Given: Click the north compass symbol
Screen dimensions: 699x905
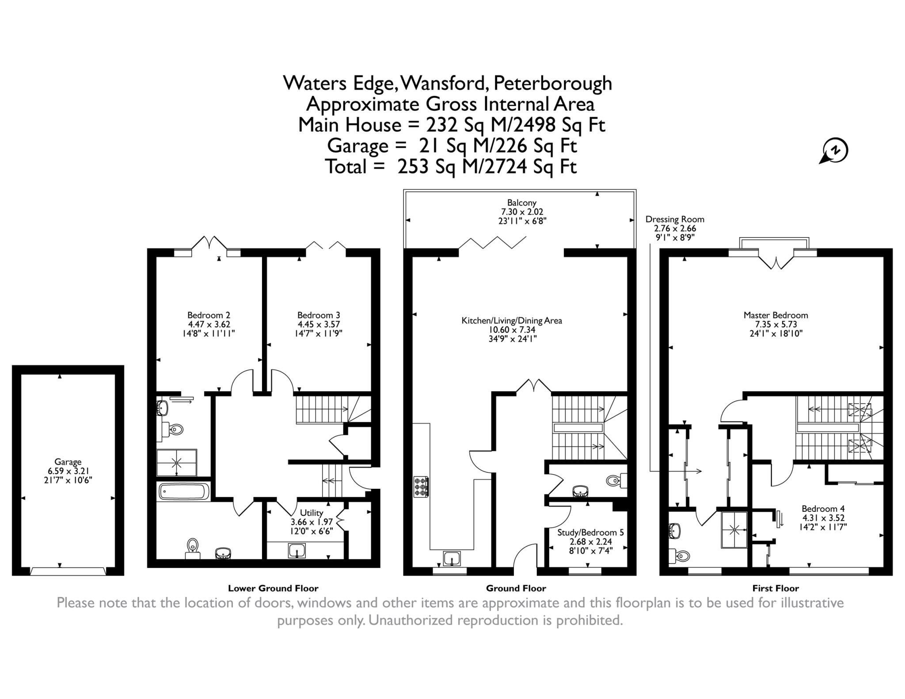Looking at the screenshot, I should tap(835, 151).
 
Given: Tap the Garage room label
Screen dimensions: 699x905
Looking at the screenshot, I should tap(68, 462).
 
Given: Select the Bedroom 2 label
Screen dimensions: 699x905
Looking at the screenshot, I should tap(209, 315).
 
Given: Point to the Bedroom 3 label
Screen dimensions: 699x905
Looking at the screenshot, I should tap(319, 315).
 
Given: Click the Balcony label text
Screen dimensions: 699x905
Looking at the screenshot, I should tap(521, 203).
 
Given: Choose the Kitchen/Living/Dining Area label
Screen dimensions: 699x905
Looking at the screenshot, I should tap(512, 321).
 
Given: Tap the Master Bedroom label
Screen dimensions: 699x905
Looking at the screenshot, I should tap(776, 315).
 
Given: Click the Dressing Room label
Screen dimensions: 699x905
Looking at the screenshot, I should tap(675, 219).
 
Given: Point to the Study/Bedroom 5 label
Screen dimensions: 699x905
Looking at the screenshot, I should tap(590, 533).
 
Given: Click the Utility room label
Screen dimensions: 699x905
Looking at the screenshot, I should tap(312, 513).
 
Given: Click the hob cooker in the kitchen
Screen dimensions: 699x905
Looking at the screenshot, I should tap(421, 487).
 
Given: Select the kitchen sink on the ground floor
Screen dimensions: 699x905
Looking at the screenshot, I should tap(452, 559).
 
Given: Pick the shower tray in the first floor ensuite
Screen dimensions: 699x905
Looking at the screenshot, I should tap(734, 530).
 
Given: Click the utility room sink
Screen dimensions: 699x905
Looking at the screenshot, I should tap(297, 551).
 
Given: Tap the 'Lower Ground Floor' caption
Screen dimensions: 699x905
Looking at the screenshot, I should tap(273, 588).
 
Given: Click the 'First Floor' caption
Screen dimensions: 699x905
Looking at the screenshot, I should tap(776, 588).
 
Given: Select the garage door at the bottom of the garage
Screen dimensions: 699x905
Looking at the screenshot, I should tap(68, 571).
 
